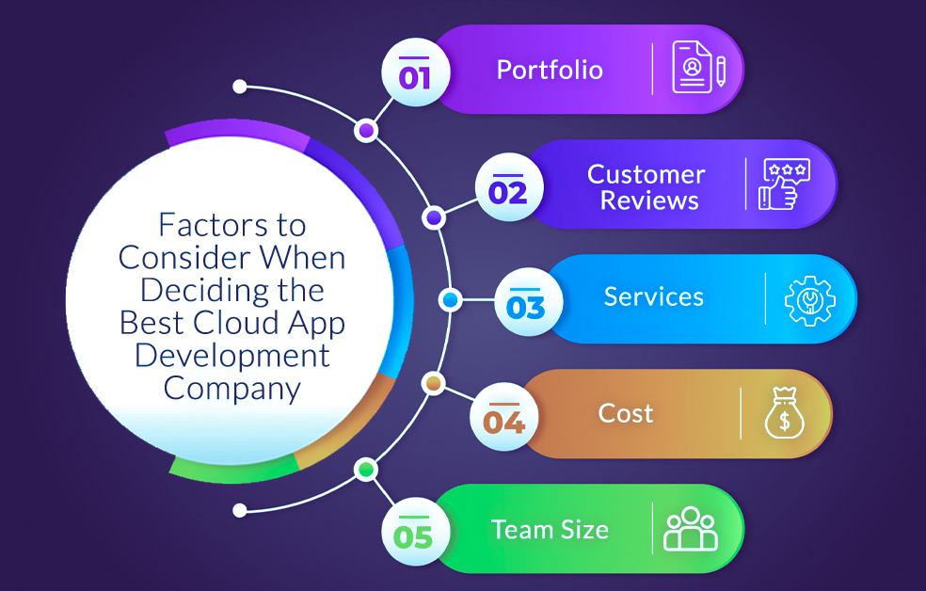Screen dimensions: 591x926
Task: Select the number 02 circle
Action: [x=508, y=191]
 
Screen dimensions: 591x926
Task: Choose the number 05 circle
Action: [x=414, y=535]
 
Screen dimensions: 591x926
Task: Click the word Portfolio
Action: [x=550, y=70]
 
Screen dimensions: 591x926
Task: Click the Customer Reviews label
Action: [x=647, y=186]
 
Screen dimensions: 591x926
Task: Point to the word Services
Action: [x=653, y=297]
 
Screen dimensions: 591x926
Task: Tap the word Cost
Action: [x=626, y=413]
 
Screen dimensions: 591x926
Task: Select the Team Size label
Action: [x=550, y=529]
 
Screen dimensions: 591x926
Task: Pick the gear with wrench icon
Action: [x=810, y=299]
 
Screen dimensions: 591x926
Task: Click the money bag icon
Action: [x=784, y=414]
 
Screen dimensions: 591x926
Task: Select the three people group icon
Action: [x=691, y=529]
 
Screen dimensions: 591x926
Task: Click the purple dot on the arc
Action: [x=365, y=130]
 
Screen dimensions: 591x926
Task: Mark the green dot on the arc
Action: [x=366, y=469]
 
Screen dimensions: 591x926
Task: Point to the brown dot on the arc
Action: [x=433, y=383]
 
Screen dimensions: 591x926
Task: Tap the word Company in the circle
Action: [x=232, y=388]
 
